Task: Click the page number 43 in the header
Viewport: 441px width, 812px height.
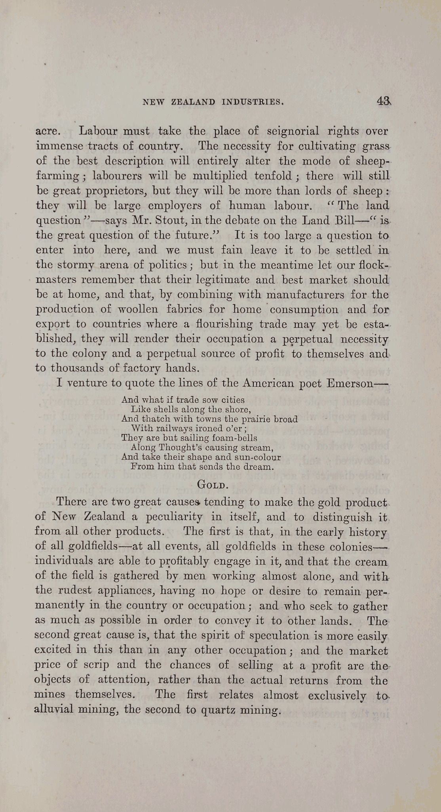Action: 384,101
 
